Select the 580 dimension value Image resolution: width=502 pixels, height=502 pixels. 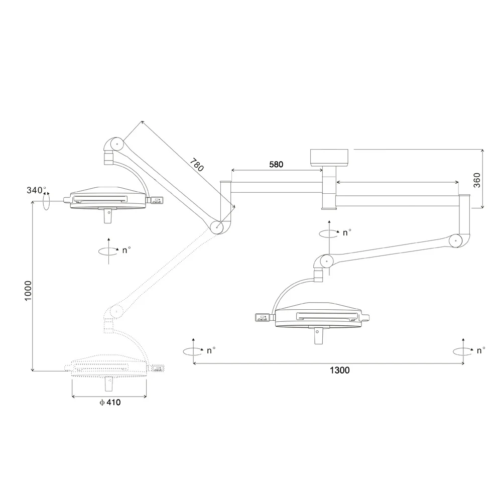[276, 164]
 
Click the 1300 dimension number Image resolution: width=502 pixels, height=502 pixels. [339, 370]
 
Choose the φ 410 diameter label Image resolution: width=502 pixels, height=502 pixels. [110, 402]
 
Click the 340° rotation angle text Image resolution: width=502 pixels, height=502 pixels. [36, 190]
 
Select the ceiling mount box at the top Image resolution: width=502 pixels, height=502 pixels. [329, 157]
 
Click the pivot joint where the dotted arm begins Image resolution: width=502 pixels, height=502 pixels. [218, 227]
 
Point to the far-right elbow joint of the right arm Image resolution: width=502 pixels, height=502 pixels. [456, 241]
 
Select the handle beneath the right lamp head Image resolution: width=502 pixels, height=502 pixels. [318, 335]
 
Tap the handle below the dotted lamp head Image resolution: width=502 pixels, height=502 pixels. [108, 384]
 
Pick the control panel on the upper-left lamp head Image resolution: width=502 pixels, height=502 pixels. [158, 201]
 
